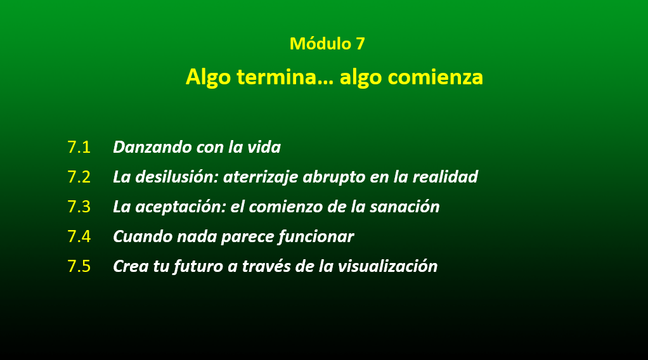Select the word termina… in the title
click(x=285, y=77)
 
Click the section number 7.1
click(x=79, y=147)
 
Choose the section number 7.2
click(x=79, y=177)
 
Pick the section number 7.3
click(x=79, y=207)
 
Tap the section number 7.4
click(x=79, y=236)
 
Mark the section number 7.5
click(x=79, y=266)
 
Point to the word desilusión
click(x=177, y=177)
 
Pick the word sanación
click(x=405, y=207)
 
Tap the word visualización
click(x=387, y=266)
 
